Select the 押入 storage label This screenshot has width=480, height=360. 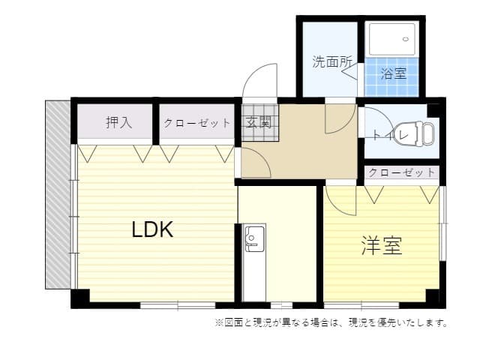(118, 122)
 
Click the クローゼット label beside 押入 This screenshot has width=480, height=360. (197, 123)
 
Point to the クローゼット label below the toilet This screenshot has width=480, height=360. (402, 172)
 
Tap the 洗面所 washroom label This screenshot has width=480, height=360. (331, 62)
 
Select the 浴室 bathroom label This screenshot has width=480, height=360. (393, 73)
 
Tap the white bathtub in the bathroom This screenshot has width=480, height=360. (390, 39)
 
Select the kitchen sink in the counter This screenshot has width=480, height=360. (253, 239)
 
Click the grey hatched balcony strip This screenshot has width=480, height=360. (57, 195)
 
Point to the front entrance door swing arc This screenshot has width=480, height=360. (259, 79)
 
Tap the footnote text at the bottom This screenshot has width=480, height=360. (331, 323)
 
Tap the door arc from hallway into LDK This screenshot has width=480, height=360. (253, 163)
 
